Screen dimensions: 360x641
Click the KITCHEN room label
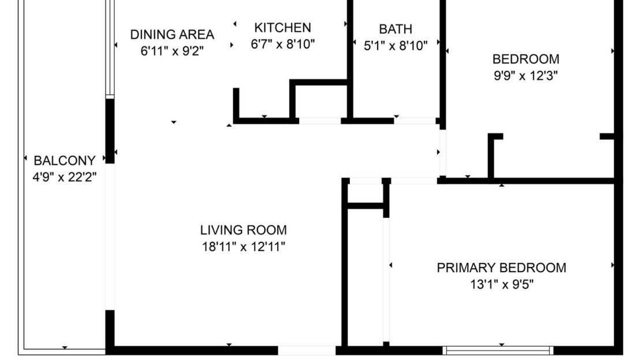[282, 27]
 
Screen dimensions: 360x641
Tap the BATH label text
[396, 29]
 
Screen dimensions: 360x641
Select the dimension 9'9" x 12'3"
[525, 75]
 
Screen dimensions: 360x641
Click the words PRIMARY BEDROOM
[501, 268]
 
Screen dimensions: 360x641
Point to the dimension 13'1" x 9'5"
[501, 284]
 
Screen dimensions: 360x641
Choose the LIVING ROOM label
[243, 230]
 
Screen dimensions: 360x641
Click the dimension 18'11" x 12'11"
[243, 247]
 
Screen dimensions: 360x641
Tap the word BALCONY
[64, 160]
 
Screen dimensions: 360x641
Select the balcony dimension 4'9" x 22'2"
[64, 177]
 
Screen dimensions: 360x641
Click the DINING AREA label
[172, 34]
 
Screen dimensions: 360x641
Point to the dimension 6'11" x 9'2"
[172, 51]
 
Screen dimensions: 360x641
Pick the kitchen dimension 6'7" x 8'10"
[282, 44]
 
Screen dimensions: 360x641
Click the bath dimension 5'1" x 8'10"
[396, 46]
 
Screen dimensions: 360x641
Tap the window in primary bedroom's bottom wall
[498, 350]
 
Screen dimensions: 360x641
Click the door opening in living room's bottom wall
[307, 350]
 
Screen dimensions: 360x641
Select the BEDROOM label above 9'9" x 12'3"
[525, 59]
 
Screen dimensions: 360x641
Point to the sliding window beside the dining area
[109, 49]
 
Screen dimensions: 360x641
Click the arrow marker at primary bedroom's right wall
[613, 265]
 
